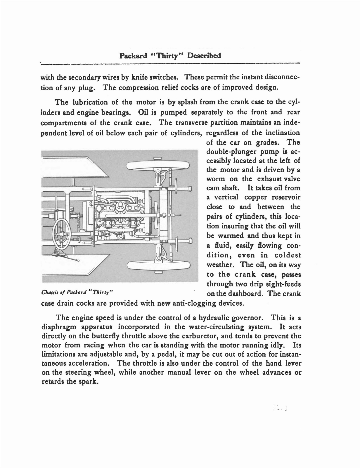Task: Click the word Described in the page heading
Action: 204,56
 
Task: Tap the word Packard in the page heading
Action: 133,56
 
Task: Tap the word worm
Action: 216,179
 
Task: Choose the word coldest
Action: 288,255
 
